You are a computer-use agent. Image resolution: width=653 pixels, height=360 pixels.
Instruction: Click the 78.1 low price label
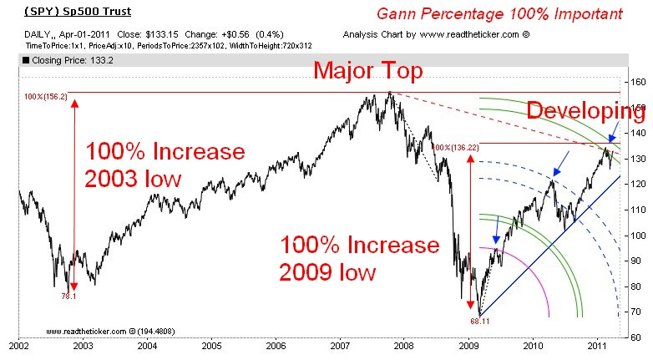(69, 296)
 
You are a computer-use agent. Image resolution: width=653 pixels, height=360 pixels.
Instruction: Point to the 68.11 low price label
(478, 319)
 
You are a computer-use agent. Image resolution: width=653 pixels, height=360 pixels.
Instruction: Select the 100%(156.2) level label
(44, 97)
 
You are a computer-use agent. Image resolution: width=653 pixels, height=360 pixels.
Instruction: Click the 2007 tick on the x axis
(339, 343)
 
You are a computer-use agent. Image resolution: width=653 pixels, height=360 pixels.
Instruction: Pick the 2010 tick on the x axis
(532, 343)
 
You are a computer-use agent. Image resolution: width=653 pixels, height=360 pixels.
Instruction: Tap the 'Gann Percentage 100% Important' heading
(499, 15)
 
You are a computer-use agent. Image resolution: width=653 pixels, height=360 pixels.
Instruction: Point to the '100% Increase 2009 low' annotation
(360, 258)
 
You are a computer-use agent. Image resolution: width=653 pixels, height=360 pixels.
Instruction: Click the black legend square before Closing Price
(26, 60)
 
